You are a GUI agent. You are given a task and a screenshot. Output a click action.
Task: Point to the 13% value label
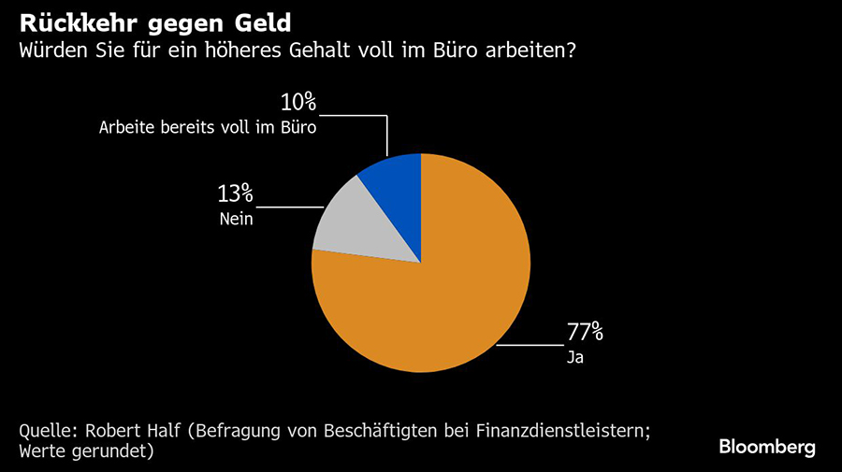click(236, 193)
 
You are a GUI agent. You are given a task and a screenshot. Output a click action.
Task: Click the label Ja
click(574, 357)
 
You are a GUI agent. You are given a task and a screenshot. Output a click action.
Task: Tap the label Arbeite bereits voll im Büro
click(208, 129)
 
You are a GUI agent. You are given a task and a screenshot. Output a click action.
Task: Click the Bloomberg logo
click(767, 447)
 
